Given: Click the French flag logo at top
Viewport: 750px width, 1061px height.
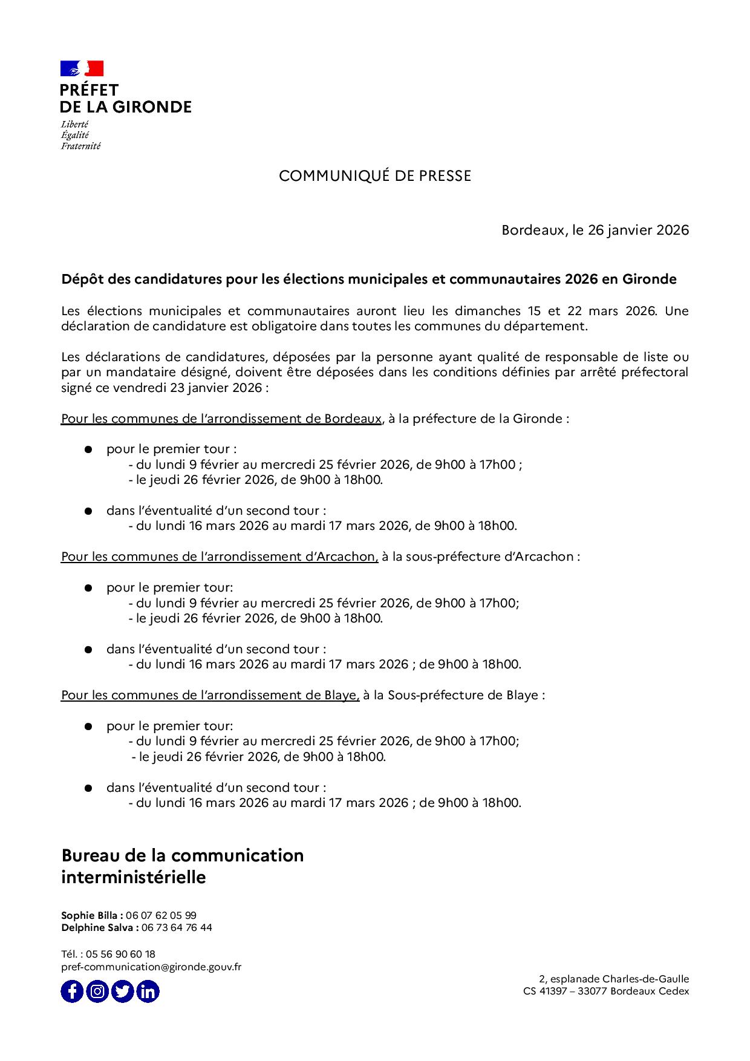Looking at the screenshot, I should coord(82,68).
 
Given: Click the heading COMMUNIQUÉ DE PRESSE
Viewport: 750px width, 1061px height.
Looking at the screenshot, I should coord(374,176).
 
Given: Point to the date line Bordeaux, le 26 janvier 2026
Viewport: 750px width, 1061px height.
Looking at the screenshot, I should coord(595,230).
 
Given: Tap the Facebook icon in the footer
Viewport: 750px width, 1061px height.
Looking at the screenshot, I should coord(72,991).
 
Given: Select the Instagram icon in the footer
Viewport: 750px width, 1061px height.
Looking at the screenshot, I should coord(97,991).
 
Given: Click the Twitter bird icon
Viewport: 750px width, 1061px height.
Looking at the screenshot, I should coord(123,991).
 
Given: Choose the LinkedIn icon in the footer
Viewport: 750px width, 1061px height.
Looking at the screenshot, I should coord(148,991).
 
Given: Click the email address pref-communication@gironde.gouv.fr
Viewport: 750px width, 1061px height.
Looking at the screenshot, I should coord(151,967).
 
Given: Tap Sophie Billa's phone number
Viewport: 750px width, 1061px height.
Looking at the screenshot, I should coord(161,915).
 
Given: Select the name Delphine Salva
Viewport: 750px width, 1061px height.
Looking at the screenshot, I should coord(97,927).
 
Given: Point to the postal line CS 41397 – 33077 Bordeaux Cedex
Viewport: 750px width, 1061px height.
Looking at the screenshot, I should coord(606,991).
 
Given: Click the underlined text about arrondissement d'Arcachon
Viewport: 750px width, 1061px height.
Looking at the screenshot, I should coord(219,557).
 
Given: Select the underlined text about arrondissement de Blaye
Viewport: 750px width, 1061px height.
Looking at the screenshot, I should coord(210,695).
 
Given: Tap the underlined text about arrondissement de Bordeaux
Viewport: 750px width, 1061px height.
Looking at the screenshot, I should coord(221,418).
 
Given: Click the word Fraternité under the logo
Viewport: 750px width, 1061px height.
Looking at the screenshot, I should coord(80,146).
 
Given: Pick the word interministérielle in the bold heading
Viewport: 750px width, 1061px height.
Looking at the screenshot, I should coord(134,877).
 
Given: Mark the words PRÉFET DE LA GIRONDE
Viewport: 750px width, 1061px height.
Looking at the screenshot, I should coord(125,99).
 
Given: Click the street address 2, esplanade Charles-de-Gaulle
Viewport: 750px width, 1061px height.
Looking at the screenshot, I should coord(613,979).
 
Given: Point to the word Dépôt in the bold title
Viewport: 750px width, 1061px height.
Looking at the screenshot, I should coord(80,279).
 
